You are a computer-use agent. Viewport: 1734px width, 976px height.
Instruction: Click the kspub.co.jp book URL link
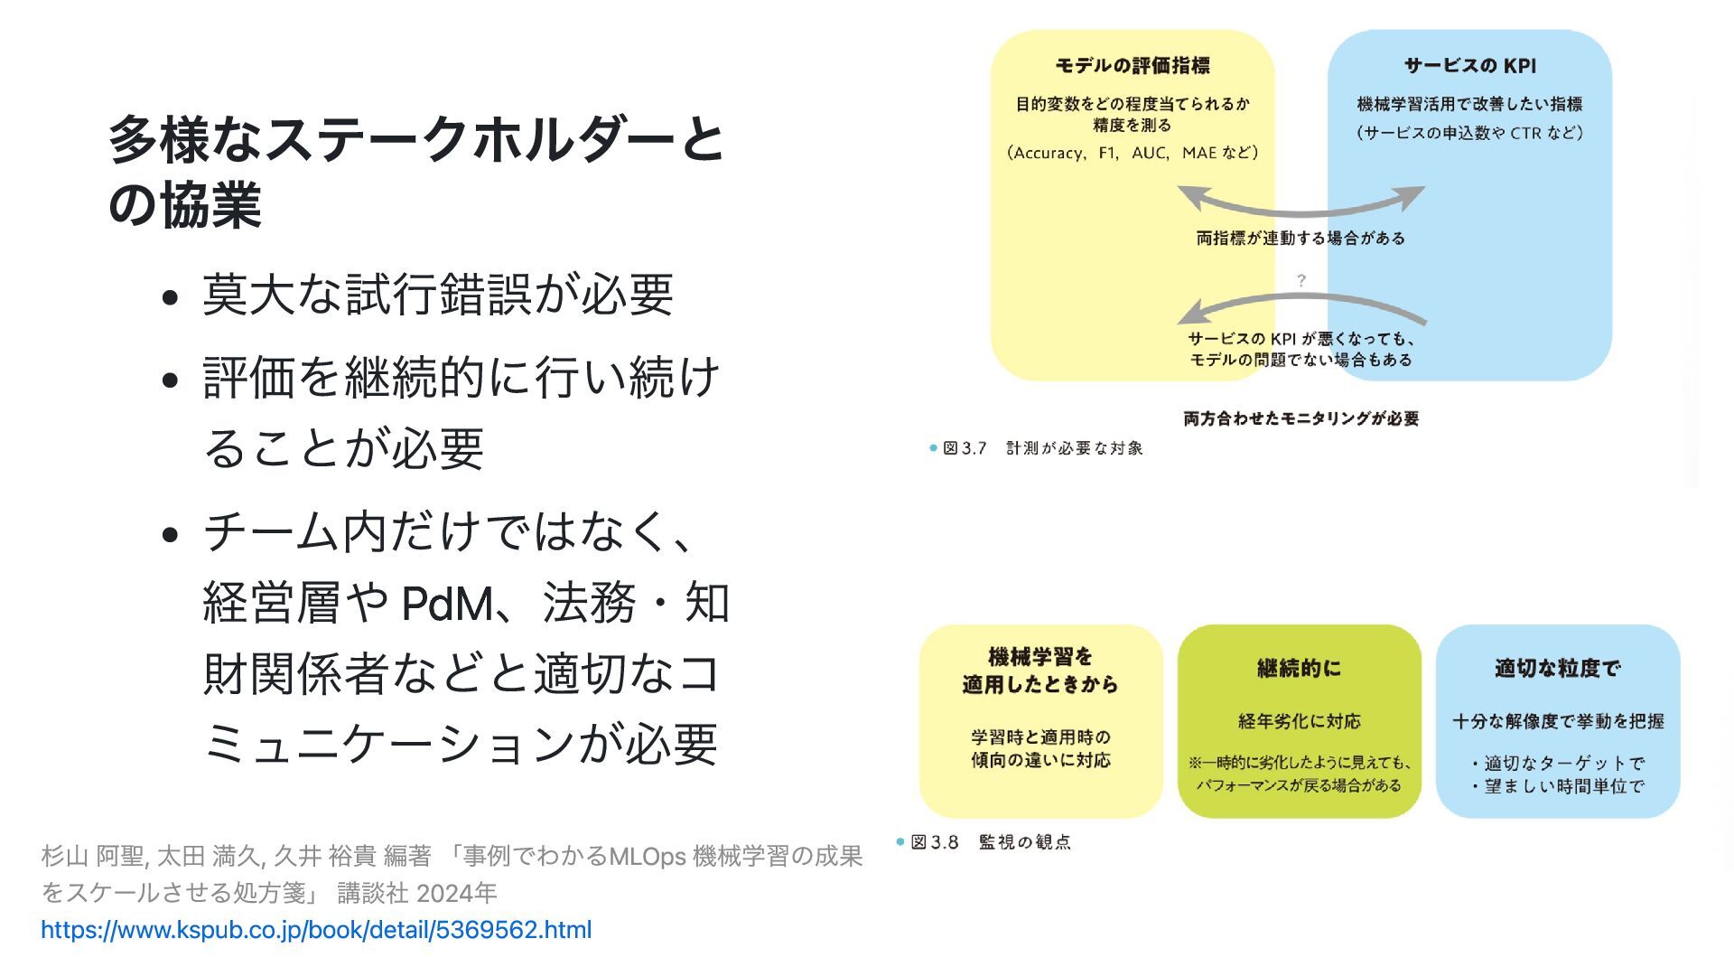[316, 930]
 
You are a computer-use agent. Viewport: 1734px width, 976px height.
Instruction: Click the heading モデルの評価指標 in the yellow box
[1133, 66]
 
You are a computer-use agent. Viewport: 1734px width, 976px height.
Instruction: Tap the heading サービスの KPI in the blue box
[1469, 66]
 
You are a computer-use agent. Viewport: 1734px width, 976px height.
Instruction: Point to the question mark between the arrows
[1300, 281]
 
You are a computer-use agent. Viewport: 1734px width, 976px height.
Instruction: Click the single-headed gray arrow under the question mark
[1300, 304]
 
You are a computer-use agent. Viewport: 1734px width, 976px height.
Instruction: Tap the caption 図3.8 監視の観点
[991, 842]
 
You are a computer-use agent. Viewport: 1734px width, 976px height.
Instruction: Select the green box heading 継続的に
[1299, 669]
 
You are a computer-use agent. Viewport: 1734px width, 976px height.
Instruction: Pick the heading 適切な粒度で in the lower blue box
[1557, 669]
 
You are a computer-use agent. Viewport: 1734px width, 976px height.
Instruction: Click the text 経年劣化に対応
[1299, 721]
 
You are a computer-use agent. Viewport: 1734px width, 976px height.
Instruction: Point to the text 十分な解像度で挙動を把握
[1558, 721]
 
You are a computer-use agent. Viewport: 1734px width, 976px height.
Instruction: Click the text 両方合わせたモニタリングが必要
[1300, 418]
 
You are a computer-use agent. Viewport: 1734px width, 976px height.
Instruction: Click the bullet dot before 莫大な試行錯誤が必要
[170, 297]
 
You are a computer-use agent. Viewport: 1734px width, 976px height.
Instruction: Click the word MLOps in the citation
[647, 856]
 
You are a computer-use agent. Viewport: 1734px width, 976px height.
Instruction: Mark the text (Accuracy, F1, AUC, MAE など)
[1133, 153]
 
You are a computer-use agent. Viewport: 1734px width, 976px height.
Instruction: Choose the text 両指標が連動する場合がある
[1300, 239]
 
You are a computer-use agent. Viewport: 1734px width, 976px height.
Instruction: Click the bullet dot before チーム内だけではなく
[170, 534]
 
